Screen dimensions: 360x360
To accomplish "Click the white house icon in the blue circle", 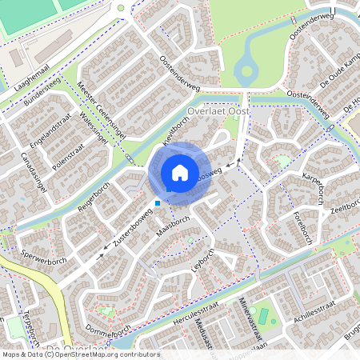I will tap(180, 172).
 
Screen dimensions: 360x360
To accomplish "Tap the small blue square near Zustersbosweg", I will tap(158, 203).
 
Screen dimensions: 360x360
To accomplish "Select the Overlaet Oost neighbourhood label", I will tap(217, 112).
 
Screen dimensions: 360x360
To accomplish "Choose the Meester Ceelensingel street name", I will tap(102, 113).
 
